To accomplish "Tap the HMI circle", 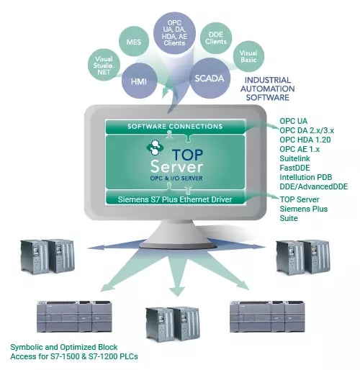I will coord(140,81).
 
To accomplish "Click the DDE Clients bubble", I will coord(215,37).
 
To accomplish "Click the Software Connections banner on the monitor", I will coord(175,127).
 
